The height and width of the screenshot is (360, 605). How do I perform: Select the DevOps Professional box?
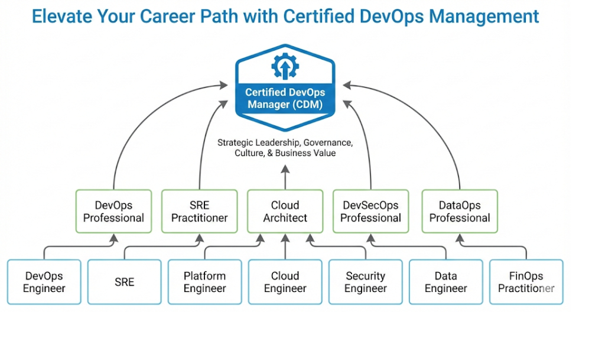(113, 212)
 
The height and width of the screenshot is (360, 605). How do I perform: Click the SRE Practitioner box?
(200, 212)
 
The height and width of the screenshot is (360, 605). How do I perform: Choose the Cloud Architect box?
(285, 212)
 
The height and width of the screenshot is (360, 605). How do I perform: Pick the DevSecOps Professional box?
(371, 212)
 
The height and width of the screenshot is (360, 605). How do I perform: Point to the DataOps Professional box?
(460, 212)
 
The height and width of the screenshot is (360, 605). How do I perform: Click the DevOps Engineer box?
(44, 282)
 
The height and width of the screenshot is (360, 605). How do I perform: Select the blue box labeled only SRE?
(125, 282)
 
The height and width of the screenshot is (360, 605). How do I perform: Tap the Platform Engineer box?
(205, 282)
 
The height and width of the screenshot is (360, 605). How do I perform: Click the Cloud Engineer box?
(285, 282)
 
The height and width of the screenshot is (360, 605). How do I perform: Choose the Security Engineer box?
(366, 282)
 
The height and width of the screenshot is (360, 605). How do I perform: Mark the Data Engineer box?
(446, 282)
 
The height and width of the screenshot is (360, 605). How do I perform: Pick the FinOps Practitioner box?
(526, 282)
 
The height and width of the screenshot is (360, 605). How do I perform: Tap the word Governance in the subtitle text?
(328, 142)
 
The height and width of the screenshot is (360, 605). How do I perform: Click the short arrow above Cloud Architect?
(285, 176)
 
